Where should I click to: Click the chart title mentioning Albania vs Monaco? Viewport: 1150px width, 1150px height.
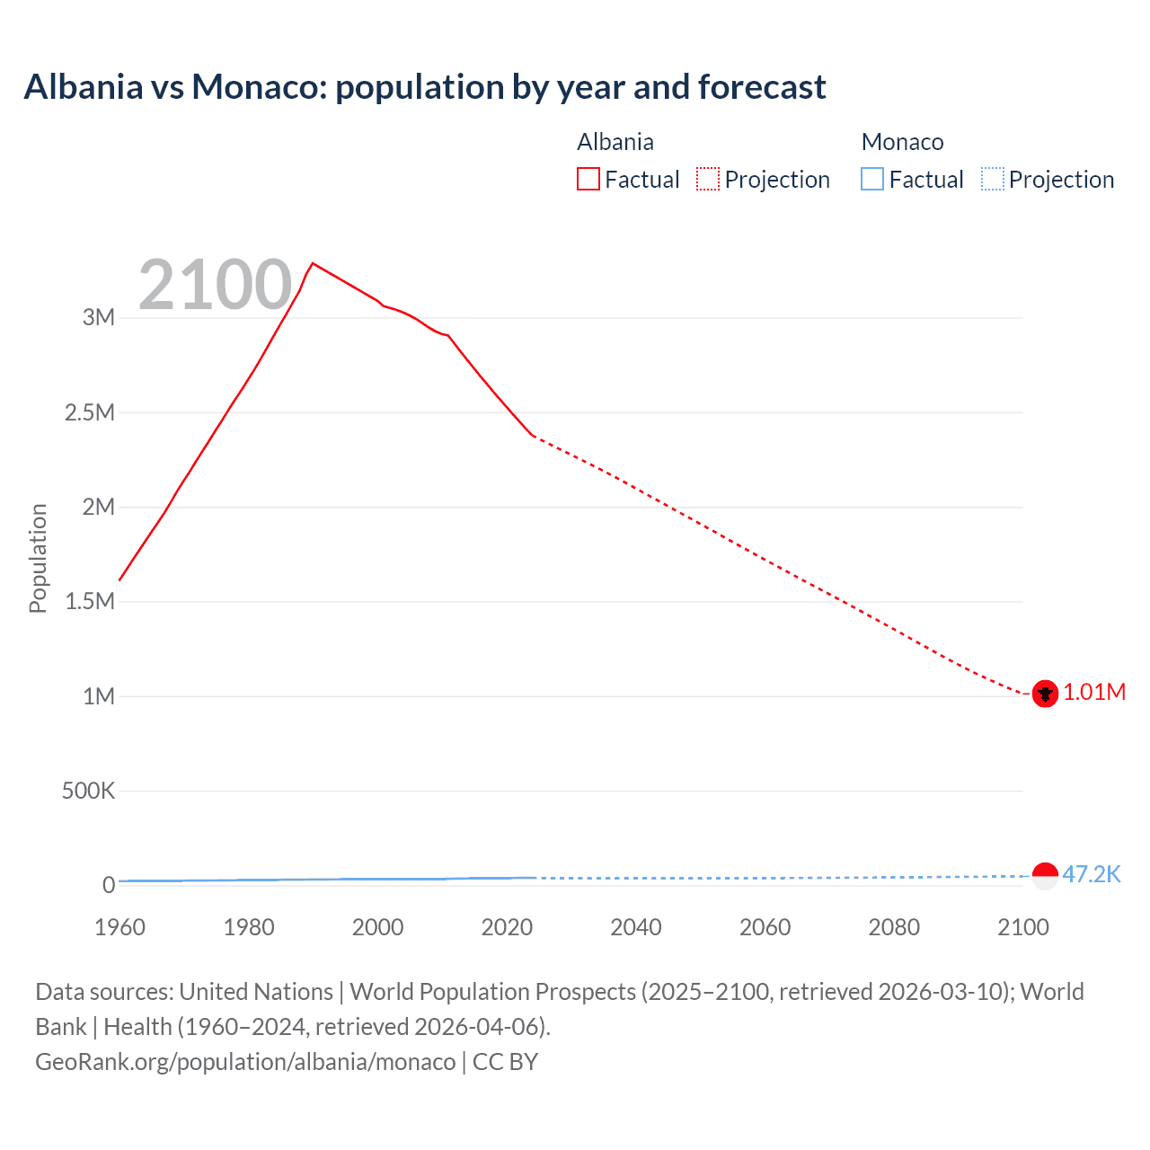pos(424,87)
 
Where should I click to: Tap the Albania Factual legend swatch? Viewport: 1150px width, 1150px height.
pos(588,180)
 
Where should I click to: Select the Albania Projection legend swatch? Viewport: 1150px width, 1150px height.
pos(708,180)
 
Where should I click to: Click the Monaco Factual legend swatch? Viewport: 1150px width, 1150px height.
pos(872,180)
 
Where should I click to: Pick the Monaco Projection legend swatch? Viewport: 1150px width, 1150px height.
pos(992,180)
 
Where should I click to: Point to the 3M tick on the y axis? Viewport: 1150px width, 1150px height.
pos(99,317)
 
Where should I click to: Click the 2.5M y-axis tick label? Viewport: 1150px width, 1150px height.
pos(90,412)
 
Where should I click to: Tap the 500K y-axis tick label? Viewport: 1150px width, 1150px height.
pos(88,791)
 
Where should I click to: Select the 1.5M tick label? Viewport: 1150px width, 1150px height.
pos(90,601)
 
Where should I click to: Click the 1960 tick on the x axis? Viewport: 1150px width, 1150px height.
pos(119,927)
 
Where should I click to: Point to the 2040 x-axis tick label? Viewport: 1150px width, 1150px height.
pos(636,927)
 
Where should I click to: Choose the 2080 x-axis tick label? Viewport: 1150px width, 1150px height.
pos(894,927)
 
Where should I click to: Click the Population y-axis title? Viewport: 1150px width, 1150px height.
pos(38,558)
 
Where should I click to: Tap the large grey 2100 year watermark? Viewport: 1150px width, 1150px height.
pos(215,285)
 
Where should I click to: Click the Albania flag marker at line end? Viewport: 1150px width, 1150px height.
pos(1045,694)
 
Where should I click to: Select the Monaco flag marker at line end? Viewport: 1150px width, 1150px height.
pos(1045,875)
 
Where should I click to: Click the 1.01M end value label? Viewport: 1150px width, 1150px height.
pos(1094,693)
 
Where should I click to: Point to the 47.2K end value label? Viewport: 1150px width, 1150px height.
pos(1092,874)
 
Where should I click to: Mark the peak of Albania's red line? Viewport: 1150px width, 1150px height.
pos(312,263)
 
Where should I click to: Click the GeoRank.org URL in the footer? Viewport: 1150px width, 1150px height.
pos(245,1062)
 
